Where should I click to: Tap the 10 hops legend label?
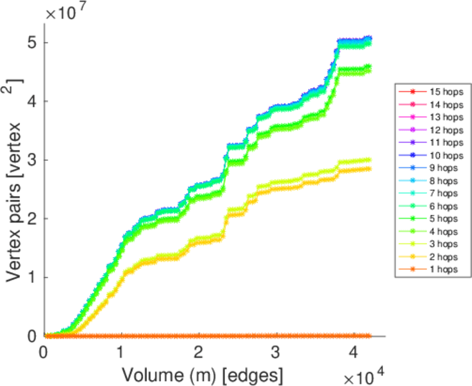click(x=445, y=156)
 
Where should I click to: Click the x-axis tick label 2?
click(x=199, y=353)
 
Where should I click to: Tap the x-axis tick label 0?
click(x=44, y=353)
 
